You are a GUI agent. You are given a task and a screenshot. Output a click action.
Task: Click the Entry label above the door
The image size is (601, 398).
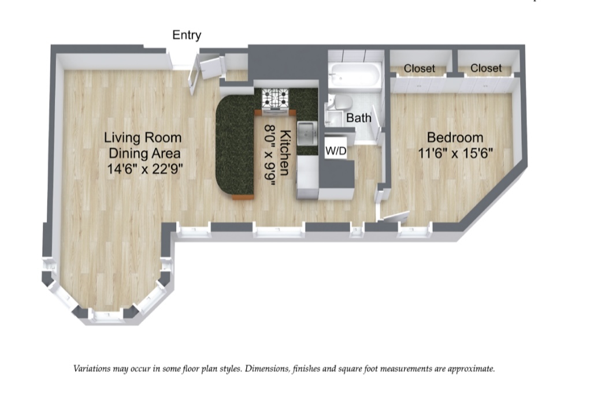pos(187,35)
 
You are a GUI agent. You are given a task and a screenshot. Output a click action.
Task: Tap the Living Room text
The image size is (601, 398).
pos(143,138)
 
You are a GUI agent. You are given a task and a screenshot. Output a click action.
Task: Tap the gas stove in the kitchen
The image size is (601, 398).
pos(275,99)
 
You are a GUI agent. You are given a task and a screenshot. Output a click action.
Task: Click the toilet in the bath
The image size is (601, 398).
pos(342,103)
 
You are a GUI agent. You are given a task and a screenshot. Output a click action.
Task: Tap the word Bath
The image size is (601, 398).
pos(358,118)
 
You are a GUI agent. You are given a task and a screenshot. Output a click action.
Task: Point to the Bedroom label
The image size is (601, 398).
pos(455,137)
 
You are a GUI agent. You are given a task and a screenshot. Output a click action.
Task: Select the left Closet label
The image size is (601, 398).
pos(420,68)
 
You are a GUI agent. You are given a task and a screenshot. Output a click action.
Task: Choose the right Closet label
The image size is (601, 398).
pos(485,68)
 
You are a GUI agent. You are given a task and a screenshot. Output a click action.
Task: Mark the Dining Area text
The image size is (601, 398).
pos(144,154)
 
